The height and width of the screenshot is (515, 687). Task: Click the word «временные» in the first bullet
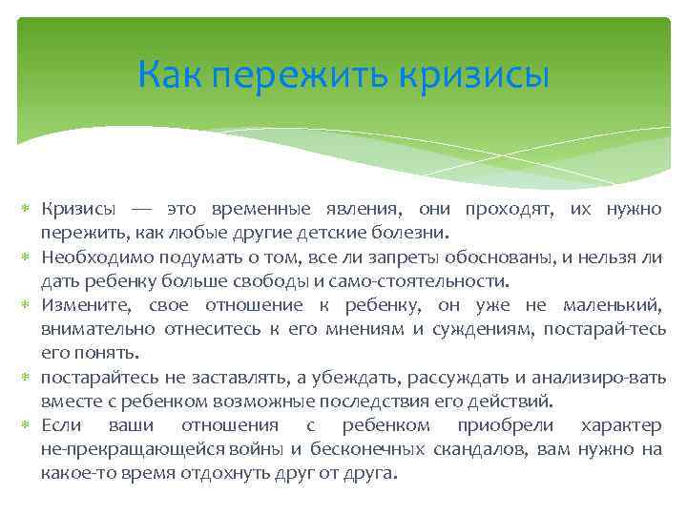point(250,208)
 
